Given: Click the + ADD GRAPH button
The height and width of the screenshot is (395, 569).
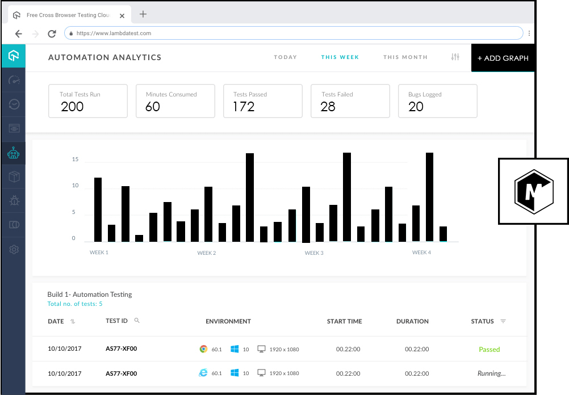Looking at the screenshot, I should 503,58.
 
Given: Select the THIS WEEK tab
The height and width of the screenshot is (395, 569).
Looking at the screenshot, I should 340,57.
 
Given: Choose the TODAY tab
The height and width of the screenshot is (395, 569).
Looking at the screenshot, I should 285,57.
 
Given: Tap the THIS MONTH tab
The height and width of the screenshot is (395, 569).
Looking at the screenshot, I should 405,57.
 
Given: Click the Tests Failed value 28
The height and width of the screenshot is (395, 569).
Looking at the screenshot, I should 328,107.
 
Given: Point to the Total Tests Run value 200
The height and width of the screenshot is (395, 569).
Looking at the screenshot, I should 72,107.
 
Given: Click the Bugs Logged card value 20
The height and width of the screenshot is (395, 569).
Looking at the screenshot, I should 416,107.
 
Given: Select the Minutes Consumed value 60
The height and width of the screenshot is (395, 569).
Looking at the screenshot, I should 153,107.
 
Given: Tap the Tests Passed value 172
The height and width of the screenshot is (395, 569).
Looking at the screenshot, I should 244,107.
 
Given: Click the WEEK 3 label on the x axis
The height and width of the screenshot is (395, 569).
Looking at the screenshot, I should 314,253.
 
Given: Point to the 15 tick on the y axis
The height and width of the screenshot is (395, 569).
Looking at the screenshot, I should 75,159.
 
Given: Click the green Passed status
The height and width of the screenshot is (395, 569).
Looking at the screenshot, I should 489,350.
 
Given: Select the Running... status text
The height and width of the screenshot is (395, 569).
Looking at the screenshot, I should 491,373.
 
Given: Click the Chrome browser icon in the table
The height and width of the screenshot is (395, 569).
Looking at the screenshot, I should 203,349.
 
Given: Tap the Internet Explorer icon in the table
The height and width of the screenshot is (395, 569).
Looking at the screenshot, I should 203,373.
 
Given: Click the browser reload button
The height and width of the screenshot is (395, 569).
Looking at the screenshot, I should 52,33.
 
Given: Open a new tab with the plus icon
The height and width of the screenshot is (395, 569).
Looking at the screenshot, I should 143,14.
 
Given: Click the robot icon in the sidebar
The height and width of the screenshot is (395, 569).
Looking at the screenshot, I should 14,153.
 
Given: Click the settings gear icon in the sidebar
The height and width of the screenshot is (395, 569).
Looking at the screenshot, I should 14,249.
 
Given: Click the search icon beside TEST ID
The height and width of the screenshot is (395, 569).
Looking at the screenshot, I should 137,321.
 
